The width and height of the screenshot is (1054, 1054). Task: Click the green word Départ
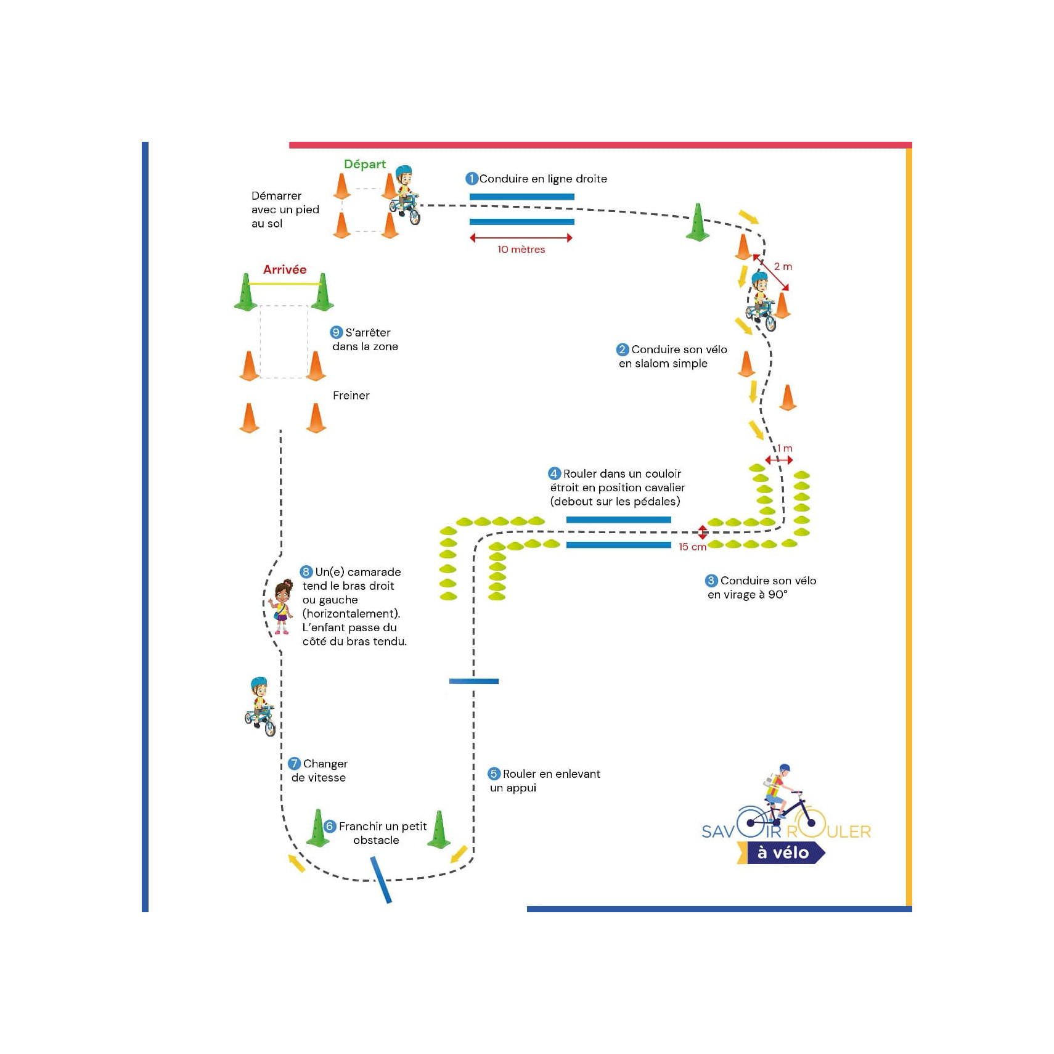pos(364,164)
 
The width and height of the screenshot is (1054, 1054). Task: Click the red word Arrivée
pos(284,269)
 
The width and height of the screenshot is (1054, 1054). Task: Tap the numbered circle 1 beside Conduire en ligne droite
pos(472,179)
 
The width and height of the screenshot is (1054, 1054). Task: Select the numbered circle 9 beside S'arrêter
pos(336,332)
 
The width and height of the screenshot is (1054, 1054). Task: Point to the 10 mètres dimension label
pos(521,250)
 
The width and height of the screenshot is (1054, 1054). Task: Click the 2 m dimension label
pos(783,266)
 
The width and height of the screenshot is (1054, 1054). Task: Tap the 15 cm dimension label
pos(692,547)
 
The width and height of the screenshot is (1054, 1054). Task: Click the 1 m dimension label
pos(785,448)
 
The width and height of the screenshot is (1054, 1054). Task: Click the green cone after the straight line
pos(698,223)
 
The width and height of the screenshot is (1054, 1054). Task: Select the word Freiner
pos(351,396)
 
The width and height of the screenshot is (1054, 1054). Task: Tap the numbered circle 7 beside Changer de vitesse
pos(295,764)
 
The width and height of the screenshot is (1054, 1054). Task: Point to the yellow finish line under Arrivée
pos(284,284)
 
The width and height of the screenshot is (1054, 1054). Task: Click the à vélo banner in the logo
pos(783,853)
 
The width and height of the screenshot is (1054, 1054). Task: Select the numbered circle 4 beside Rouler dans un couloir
pos(554,473)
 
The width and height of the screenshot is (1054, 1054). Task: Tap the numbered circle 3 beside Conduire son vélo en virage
pos(711,581)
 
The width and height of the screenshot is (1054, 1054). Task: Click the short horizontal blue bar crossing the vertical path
pos(473,681)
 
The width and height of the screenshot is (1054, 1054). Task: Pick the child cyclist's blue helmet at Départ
pos(403,171)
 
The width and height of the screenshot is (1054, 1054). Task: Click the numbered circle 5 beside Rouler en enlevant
pos(494,774)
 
